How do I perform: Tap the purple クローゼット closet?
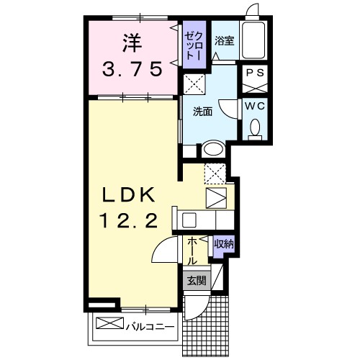[193, 45]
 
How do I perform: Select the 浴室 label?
[223, 41]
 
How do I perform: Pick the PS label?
[254, 73]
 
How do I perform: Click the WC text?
[254, 105]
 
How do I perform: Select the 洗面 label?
[202, 112]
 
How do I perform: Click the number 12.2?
[132, 221]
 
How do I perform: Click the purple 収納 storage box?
[222, 244]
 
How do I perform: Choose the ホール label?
[193, 251]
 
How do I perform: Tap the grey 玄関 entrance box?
[197, 281]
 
